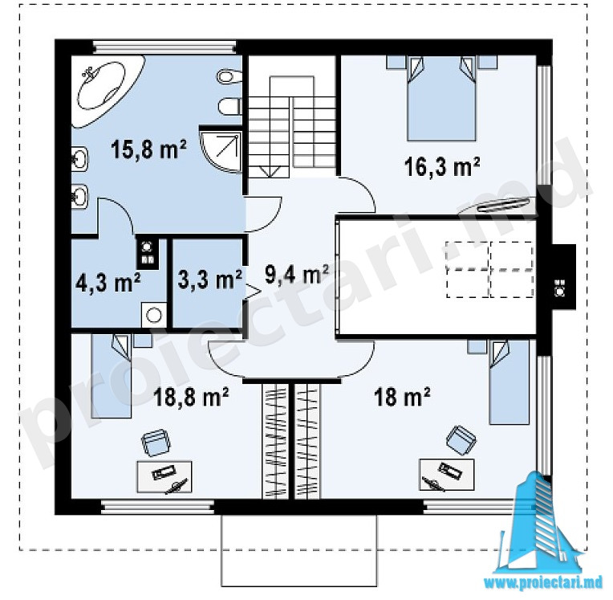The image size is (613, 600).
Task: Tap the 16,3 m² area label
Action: coord(442,167)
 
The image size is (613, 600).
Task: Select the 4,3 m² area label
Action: coord(108,282)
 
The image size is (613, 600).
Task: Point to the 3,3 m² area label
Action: coord(209,279)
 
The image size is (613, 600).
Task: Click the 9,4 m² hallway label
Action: coord(297,274)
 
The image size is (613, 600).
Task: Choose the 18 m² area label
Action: coord(402,397)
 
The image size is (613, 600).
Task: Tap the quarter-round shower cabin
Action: coord(221,151)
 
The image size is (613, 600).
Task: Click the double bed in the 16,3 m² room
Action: coord(441,99)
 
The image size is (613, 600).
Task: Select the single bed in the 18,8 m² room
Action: coord(111,376)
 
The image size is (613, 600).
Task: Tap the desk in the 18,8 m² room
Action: coord(164,477)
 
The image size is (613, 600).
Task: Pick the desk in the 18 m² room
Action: coord(446,475)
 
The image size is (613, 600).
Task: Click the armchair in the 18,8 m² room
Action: coord(156,443)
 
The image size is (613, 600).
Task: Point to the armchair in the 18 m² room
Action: coord(461,440)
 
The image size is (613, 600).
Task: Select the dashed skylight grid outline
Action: coord(490,270)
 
